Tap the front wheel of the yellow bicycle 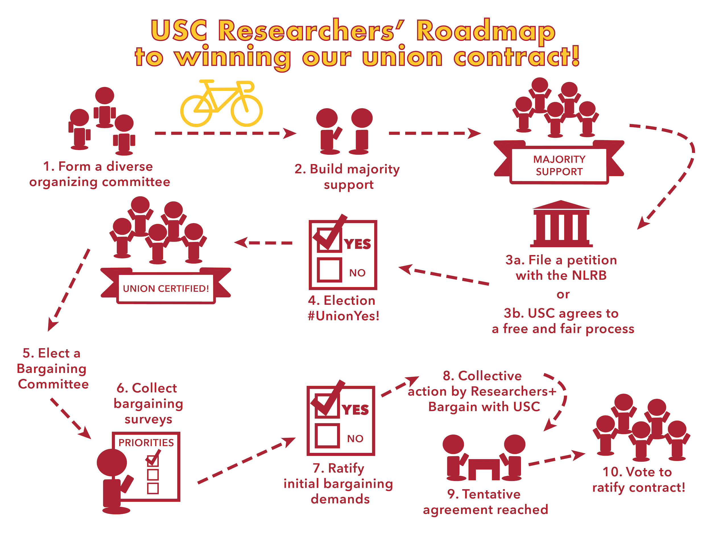pos(247,111)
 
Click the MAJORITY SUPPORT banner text pos(559,165)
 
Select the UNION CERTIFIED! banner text pos(166,289)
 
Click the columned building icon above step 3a pos(561,224)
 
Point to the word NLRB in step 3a pos(589,275)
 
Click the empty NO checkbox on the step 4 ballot pos(329,269)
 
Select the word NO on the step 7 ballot pos(355,439)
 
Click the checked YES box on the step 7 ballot pos(327,405)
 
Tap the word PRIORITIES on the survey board pos(146,442)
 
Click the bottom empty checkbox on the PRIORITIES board pos(153,488)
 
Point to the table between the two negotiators pos(484,469)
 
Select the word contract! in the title pos(516,57)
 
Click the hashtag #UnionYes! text pos(344,316)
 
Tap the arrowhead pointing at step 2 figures pos(290,133)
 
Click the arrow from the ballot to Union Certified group pos(263,243)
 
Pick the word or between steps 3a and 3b pos(563,294)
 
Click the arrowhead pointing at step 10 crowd pos(579,455)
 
